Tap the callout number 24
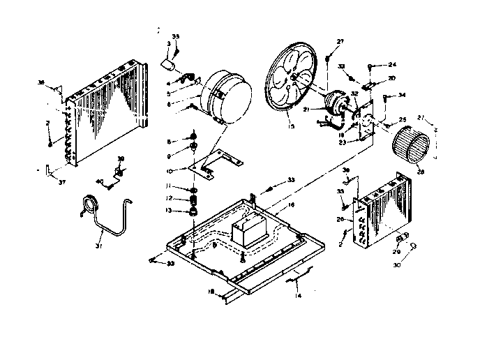point(392,65)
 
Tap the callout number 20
point(392,78)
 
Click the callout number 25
point(402,121)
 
